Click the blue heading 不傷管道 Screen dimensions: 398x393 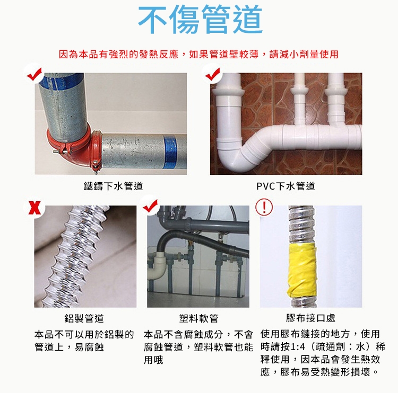coord(200,20)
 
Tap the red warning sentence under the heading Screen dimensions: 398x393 coord(199,54)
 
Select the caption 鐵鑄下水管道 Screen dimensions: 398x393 coord(113,186)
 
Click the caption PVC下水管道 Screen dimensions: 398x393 coord(286,186)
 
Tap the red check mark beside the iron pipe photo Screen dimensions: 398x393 coord(34,74)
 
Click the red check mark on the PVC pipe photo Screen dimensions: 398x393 coord(213,74)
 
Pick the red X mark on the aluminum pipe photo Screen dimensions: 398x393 coord(34,208)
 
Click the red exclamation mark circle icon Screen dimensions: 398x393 coord(264,207)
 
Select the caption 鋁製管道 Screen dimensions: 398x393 coord(84,318)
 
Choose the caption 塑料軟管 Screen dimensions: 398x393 coord(199,318)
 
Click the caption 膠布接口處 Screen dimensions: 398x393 coord(310,318)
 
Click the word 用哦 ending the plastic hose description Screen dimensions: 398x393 coord(153,360)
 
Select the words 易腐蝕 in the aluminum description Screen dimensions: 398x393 coord(89,347)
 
